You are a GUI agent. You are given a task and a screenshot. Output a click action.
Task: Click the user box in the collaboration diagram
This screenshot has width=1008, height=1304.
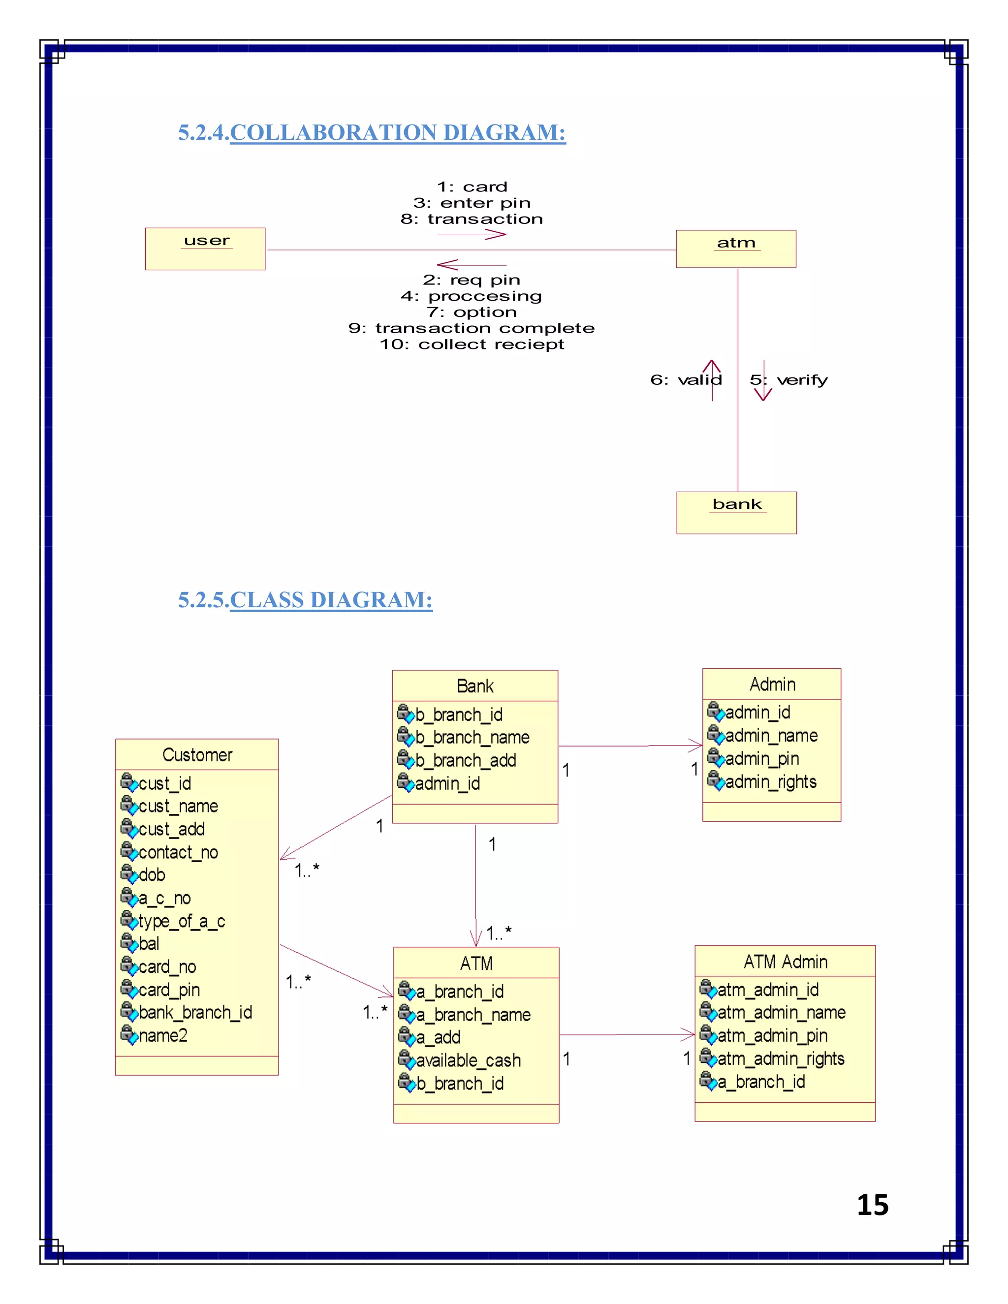coord(205,248)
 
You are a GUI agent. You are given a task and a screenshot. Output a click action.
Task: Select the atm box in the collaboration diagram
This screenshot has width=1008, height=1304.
coord(736,248)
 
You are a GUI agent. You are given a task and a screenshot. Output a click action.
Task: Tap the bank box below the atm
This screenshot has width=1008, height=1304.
coord(736,512)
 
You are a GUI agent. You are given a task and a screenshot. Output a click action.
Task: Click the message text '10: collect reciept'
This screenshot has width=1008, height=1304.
coord(472,344)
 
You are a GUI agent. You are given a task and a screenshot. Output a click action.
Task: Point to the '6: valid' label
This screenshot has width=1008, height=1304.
coord(686,380)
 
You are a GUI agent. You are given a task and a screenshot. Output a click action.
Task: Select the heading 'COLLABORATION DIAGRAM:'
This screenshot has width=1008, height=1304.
coord(398,132)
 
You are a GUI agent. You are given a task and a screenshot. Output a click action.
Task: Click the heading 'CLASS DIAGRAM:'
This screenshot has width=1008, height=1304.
coord(331,600)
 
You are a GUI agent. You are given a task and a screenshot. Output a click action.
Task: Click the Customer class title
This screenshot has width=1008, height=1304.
coord(197,755)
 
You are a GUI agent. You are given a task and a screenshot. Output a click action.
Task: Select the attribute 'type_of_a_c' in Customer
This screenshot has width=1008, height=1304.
coord(182,921)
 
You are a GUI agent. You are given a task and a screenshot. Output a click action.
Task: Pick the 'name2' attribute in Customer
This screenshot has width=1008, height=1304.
coord(163,1035)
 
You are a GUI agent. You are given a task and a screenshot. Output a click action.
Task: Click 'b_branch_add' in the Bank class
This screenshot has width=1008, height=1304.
coord(466,760)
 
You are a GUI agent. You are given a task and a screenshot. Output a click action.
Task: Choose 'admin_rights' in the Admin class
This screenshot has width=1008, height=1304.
coord(770,781)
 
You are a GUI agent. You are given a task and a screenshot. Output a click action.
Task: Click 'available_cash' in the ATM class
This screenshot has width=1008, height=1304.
coord(468,1060)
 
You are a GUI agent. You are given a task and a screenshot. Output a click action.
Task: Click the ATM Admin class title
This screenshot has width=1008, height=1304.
coord(785,962)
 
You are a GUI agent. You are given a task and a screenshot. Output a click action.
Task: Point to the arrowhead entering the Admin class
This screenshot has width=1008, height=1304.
coord(696,745)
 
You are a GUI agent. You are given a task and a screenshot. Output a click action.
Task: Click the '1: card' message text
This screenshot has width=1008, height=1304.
coord(472,187)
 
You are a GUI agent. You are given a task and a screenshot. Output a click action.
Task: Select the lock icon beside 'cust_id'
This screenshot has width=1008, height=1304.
coord(128,781)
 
